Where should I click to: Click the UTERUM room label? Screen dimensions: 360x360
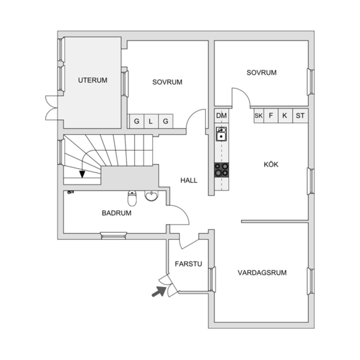(x=93, y=80)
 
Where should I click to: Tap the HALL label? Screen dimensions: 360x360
(x=189, y=180)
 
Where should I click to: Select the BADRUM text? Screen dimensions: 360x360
(x=117, y=213)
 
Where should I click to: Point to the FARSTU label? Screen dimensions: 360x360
(x=188, y=264)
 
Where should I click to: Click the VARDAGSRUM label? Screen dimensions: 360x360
(x=262, y=273)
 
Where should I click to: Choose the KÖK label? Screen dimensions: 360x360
(x=271, y=164)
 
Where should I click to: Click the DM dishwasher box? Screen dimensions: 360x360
(x=222, y=116)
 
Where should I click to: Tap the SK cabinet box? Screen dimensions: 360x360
(x=258, y=116)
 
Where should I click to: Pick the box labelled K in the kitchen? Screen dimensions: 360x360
(x=285, y=116)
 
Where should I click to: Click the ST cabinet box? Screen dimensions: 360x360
(x=300, y=116)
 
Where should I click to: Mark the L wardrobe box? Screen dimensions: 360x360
(x=151, y=121)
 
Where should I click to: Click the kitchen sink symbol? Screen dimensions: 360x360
(x=222, y=133)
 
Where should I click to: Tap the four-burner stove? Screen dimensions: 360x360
(x=222, y=169)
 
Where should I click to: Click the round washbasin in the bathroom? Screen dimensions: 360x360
(x=151, y=196)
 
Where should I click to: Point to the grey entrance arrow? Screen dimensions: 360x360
(x=159, y=291)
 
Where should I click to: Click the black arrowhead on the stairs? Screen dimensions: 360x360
(x=82, y=174)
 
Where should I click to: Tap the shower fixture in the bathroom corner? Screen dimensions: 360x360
(x=70, y=192)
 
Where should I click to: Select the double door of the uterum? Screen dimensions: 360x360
(x=51, y=108)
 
